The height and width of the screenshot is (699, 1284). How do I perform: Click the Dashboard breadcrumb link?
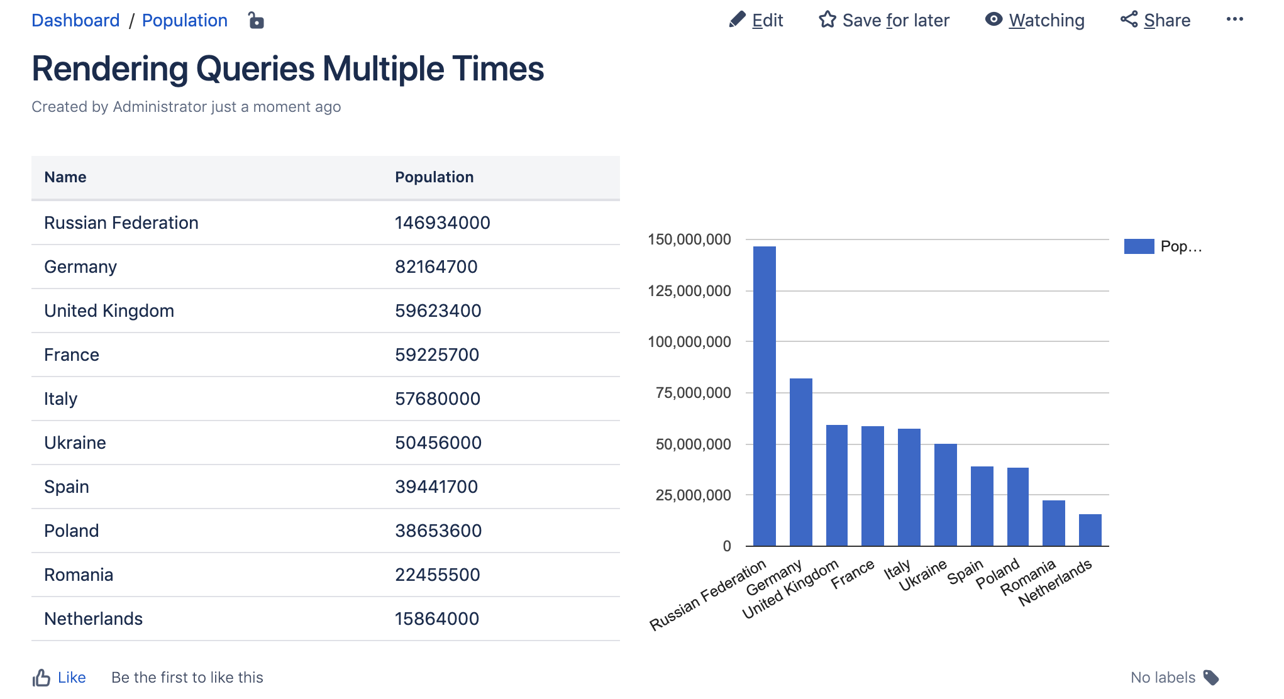point(75,21)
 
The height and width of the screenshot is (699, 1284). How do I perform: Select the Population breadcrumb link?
point(184,21)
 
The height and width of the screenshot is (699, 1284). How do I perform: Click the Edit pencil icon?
point(737,20)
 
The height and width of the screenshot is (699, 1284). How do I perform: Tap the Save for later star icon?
point(827,20)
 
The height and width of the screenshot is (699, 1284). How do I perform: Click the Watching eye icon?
point(993,19)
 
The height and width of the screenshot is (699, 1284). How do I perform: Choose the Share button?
point(1156,20)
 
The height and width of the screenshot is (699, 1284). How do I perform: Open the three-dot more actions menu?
point(1234,19)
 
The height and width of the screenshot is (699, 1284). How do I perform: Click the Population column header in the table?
point(434,177)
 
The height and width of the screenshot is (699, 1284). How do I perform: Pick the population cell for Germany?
point(436,267)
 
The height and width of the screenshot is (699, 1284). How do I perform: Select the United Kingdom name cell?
point(109,311)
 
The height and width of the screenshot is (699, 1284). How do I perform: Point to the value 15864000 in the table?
point(436,619)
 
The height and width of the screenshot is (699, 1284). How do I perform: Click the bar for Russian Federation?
point(764,396)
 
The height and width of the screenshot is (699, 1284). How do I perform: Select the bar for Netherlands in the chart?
point(1090,530)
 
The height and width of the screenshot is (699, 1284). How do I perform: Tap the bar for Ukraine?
point(945,495)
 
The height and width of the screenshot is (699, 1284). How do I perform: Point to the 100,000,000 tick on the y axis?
point(689,342)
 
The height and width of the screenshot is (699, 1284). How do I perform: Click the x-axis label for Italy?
point(897,570)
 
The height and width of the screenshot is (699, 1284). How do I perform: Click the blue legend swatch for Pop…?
point(1139,246)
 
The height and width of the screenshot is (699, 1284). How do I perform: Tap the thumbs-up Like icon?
point(42,678)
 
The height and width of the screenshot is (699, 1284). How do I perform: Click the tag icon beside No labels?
point(1211,678)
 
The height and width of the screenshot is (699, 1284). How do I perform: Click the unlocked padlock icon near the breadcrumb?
point(256,21)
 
